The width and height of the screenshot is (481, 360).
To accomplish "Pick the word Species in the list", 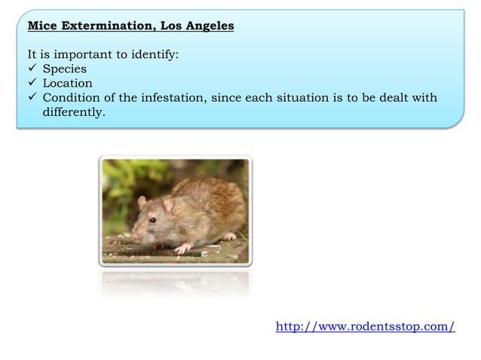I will (x=64, y=69).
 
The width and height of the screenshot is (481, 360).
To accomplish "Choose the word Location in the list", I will (x=68, y=84).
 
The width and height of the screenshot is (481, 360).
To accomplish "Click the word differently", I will (x=74, y=112).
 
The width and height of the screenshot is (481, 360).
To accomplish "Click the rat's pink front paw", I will (x=182, y=248).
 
